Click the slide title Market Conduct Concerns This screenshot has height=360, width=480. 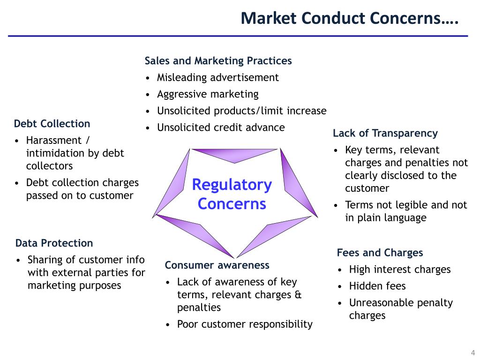pyautogui.click(x=349, y=18)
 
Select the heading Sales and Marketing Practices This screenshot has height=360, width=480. pyautogui.click(x=218, y=61)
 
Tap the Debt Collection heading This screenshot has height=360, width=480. pyautogui.click(x=52, y=124)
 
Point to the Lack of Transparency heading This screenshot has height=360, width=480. pyautogui.click(x=385, y=133)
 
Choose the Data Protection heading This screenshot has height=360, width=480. pyautogui.click(x=54, y=243)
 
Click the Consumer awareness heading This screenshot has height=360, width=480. pyautogui.click(x=217, y=265)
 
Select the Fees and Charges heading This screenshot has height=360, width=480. pyautogui.click(x=380, y=253)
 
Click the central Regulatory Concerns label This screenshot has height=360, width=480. pyautogui.click(x=232, y=194)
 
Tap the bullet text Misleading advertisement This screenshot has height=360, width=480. pyautogui.click(x=218, y=77)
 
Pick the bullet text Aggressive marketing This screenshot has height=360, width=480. pyautogui.click(x=208, y=94)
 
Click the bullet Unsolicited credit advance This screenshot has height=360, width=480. pyautogui.click(x=221, y=127)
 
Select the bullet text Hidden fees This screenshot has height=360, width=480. pyautogui.click(x=377, y=286)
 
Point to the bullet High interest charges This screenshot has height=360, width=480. pyautogui.click(x=399, y=270)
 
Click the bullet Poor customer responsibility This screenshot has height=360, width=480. pyautogui.click(x=245, y=324)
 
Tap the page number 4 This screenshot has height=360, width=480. pyautogui.click(x=472, y=353)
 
